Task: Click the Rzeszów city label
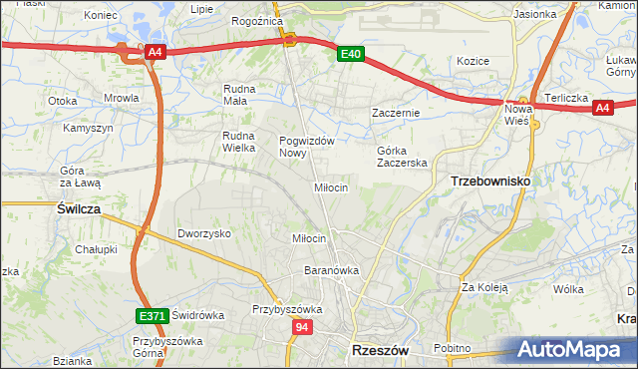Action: [381, 351]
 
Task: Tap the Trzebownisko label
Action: [490, 181]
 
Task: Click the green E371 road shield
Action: [152, 316]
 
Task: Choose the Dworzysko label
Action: [204, 232]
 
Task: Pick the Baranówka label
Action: [331, 270]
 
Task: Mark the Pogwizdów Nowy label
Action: [306, 147]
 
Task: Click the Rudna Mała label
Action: [240, 94]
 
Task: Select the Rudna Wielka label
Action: [240, 142]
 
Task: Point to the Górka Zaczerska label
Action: [402, 157]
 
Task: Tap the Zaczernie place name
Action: [396, 113]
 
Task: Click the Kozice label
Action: [473, 61]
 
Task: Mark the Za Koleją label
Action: [484, 287]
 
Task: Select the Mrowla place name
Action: [122, 99]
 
